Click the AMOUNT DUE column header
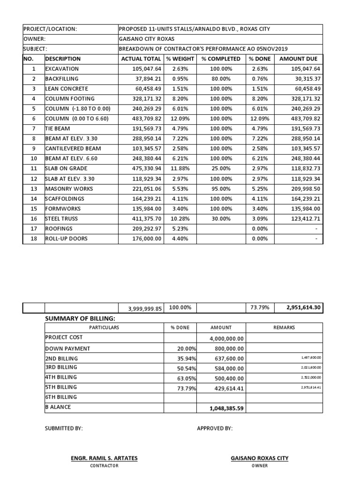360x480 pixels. [298, 59]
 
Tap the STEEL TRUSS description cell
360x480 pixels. [61, 218]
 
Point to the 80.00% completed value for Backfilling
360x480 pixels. [221, 79]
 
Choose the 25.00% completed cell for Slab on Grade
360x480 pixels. [221, 169]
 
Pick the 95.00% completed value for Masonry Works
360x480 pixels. [221, 188]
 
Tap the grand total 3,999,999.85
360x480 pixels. [144, 308]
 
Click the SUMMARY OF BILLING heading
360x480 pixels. [80, 319]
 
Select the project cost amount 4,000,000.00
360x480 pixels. [227, 338]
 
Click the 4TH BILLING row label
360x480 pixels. [61, 377]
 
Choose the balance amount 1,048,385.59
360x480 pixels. [227, 408]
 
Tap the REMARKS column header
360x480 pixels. [284, 328]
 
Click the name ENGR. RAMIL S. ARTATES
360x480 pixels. [104, 458]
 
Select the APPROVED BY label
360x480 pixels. [214, 428]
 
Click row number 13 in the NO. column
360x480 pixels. [33, 188]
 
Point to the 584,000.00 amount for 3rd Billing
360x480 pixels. [227, 368]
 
